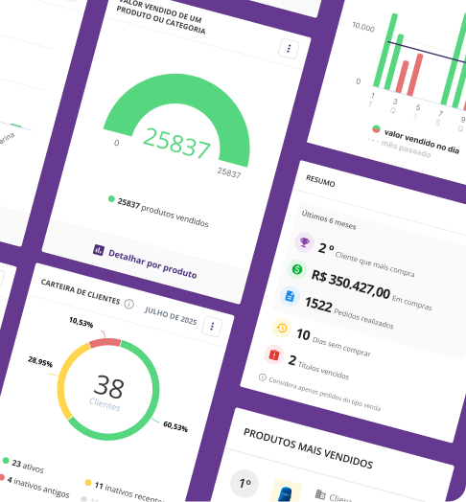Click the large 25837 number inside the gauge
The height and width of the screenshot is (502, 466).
176,146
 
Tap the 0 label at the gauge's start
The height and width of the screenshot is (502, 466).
117,142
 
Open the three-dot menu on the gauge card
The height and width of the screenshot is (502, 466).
288,49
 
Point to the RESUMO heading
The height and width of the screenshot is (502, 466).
321,179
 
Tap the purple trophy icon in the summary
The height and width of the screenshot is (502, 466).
304,242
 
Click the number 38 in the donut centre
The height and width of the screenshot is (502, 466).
109,388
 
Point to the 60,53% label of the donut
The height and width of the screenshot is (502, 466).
175,424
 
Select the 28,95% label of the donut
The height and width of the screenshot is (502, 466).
40,362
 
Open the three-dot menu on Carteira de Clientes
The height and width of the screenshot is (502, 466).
212,327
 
